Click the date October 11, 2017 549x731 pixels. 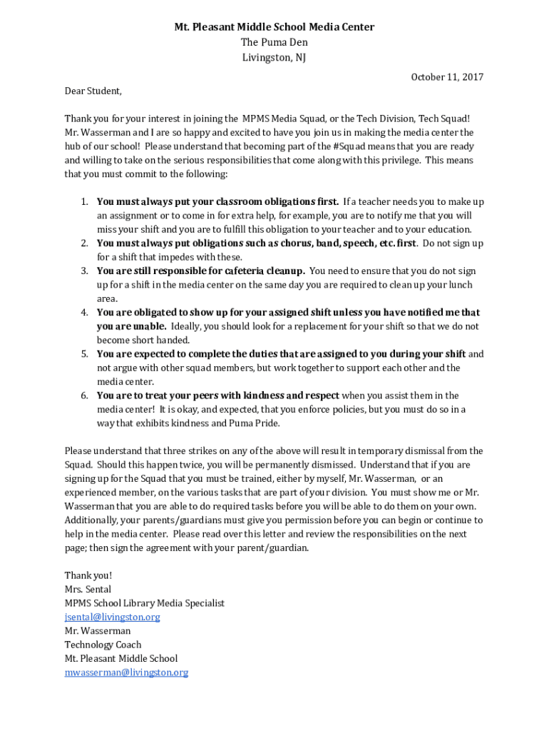(x=446, y=77)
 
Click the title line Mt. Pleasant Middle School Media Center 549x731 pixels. (x=274, y=27)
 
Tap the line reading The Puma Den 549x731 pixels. (x=274, y=43)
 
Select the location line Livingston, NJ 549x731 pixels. (x=274, y=58)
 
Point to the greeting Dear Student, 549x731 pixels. (x=93, y=91)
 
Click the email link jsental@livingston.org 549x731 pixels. (x=112, y=617)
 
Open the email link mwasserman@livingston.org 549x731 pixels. (x=126, y=672)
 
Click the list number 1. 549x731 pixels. (x=83, y=202)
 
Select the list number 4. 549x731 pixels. (x=83, y=313)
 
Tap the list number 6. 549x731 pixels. (x=83, y=395)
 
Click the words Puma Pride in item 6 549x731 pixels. (x=257, y=423)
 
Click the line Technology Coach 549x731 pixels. (x=103, y=645)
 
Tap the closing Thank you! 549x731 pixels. (x=88, y=575)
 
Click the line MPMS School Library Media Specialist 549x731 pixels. (x=144, y=603)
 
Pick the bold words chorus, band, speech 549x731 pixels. (x=330, y=243)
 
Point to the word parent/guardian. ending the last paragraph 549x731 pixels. (x=274, y=548)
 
